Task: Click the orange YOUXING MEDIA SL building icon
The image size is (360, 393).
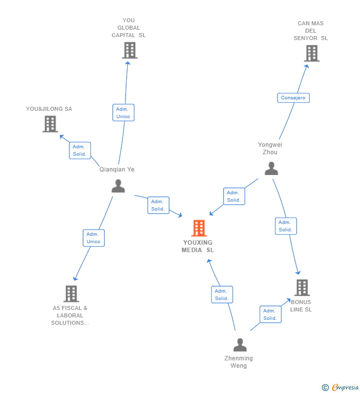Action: point(199,228)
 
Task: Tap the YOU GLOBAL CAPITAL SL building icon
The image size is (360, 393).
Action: point(129,50)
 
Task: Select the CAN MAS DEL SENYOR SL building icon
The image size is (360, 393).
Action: point(312,53)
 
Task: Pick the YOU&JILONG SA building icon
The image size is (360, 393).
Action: point(50,124)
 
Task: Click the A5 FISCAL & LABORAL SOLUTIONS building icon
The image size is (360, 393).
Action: point(71,294)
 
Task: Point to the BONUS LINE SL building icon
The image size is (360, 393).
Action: point(302,287)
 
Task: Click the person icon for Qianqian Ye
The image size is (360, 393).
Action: point(118,186)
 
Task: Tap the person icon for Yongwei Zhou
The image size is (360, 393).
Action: point(271,169)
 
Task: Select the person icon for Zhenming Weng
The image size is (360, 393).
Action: point(240,345)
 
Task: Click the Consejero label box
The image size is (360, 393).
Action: point(293,98)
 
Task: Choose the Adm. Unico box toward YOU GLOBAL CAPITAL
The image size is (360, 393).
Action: point(123,113)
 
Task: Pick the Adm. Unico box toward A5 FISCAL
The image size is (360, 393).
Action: point(93,238)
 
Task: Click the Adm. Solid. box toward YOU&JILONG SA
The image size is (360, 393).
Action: point(80,150)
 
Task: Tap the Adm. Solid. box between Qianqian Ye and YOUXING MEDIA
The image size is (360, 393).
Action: point(158,205)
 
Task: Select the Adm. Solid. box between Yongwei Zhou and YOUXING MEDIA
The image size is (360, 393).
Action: point(234,196)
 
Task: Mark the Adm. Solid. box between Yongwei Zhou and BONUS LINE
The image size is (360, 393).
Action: point(285,226)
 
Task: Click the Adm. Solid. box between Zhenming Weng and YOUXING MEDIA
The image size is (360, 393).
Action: point(222,295)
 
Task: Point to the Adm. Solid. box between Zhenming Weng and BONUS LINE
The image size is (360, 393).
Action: point(270,314)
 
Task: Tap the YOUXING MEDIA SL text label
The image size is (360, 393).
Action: point(198,246)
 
